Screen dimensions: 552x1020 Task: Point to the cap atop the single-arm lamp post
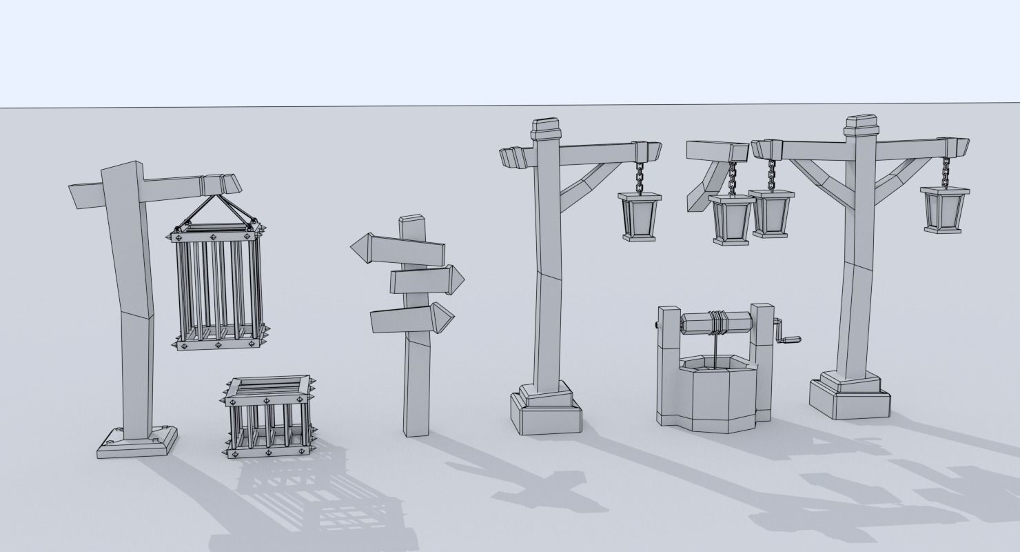click(x=545, y=128)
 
